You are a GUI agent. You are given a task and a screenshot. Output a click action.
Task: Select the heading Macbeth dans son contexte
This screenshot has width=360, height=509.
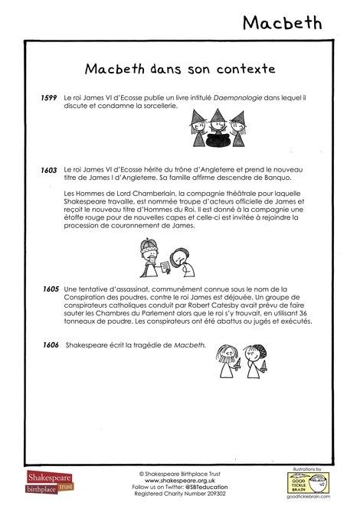tap(180, 69)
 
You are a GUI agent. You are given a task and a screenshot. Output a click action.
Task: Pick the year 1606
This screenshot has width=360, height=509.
tap(51, 346)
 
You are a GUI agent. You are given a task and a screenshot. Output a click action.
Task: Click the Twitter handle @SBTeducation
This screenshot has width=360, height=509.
tap(201, 488)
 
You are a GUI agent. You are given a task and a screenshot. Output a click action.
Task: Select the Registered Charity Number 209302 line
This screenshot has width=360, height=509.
tap(179, 494)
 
